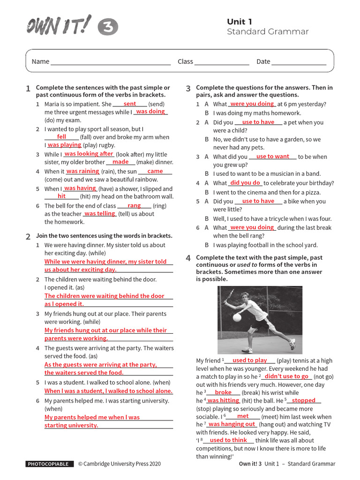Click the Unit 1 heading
pos(240,22)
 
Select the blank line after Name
pos(110,62)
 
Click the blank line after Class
pos(222,62)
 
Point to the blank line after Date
pos(299,62)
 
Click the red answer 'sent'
pos(130,104)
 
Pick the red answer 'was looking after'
pos(89,154)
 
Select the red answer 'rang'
pos(134,206)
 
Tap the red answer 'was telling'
pos(99,214)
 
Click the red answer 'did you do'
pos(245,183)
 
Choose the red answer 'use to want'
pos(272,157)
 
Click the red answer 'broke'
pos(223,392)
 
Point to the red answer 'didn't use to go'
pos(286,376)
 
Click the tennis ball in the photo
pos(237,317)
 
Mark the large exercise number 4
pos(187,258)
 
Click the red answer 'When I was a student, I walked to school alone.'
pos(108,391)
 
